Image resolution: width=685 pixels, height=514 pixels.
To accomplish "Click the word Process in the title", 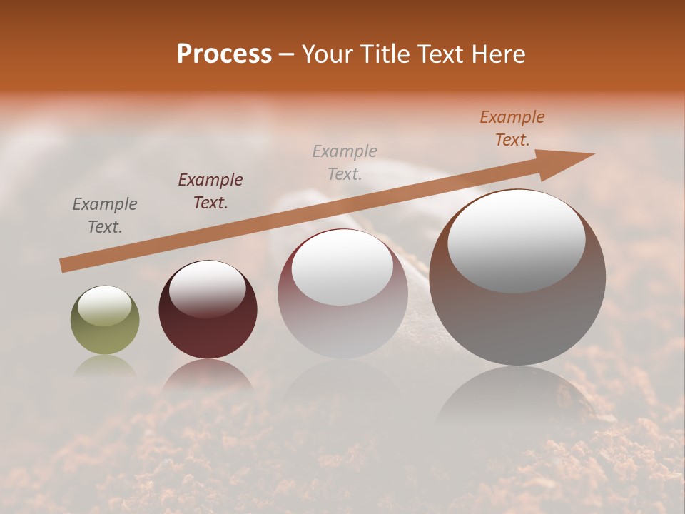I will coord(224,54).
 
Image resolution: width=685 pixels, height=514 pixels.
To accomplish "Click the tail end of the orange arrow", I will coord(63,266).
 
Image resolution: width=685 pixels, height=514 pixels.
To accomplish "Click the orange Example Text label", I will coord(512,128).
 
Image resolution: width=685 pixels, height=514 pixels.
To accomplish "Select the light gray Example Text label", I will coord(345,162).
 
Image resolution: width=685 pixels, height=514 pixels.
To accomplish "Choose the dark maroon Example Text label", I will coord(210,191).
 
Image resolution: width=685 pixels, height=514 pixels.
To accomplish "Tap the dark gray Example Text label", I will coord(105,216).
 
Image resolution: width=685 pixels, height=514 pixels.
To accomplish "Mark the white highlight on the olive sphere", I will coord(104,306).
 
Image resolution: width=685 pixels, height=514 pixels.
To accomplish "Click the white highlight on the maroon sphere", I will coord(207,288).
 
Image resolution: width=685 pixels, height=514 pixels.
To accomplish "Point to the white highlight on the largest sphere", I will coord(517,241).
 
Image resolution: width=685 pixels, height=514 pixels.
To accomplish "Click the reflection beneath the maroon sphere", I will coord(208,375).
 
